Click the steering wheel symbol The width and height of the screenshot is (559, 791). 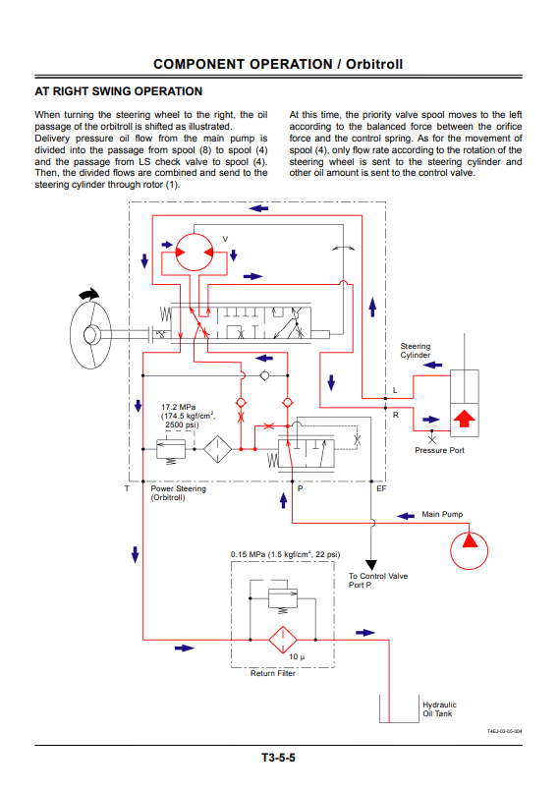point(90,333)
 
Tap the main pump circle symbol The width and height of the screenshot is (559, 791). point(469,550)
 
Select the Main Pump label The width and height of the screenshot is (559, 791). point(442,514)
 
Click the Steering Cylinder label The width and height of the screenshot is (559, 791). point(416,351)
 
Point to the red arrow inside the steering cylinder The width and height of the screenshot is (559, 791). point(464,419)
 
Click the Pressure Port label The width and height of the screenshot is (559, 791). point(439,450)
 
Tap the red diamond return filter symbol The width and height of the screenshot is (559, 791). point(283,640)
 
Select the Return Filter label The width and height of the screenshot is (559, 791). point(272,673)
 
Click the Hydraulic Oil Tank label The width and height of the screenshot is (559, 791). point(439,709)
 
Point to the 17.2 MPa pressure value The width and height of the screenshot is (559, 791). point(178,407)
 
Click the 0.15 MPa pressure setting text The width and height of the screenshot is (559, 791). point(285,554)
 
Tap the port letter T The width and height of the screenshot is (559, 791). point(127,488)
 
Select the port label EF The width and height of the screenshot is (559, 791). point(381,488)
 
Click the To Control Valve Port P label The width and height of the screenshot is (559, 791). point(378,580)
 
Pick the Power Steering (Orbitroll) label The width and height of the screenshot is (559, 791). point(178,493)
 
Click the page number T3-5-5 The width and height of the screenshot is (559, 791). point(278,758)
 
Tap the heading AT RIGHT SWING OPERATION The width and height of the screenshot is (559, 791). point(119,91)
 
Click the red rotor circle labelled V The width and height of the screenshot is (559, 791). point(195,252)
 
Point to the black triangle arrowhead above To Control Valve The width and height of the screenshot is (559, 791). point(370,565)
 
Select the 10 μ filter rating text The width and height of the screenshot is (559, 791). point(297,656)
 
